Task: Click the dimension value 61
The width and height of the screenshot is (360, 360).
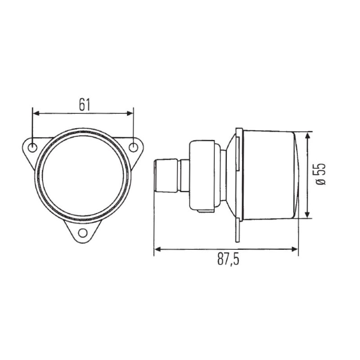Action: coord(84,104)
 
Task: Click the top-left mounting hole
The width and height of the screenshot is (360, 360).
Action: coord(33,148)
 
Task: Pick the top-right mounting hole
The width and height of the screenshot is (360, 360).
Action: coord(134,147)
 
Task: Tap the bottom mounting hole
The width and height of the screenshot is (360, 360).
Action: coord(82,233)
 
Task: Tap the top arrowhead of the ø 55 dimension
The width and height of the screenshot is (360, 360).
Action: coord(307,136)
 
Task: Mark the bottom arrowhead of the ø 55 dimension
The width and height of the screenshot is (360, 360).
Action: coord(307,215)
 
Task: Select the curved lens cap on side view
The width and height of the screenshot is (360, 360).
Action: coord(297,175)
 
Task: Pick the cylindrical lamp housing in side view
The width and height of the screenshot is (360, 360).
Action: coord(268,175)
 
